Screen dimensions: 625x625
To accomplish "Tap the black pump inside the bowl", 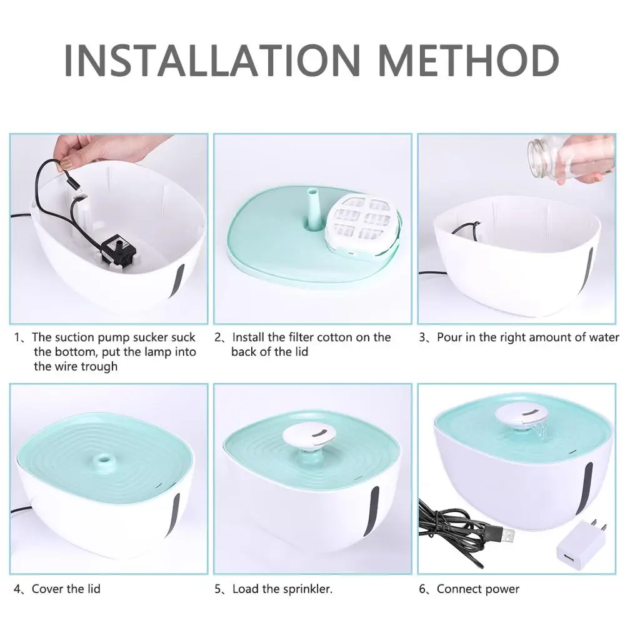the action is [x=118, y=249].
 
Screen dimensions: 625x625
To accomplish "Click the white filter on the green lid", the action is [x=361, y=226].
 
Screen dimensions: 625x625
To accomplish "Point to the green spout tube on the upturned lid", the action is [x=314, y=209].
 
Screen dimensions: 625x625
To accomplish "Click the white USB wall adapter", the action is [x=580, y=544].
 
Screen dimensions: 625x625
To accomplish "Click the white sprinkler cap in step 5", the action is [x=309, y=437].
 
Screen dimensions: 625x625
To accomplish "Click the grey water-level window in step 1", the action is [x=177, y=281].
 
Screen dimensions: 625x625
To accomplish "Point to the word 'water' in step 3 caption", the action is [x=604, y=337].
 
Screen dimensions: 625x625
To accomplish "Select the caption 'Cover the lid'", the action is [x=66, y=589].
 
